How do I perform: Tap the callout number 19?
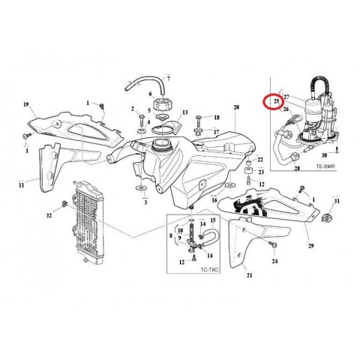[25, 104]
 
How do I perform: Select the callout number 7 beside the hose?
[168, 78]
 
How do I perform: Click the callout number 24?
[275, 262]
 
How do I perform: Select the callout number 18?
[217, 118]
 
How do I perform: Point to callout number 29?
[289, 244]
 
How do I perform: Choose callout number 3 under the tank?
[145, 202]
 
